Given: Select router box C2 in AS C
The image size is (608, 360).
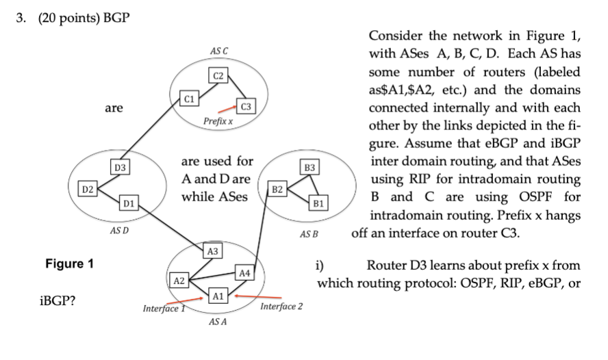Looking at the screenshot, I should [x=218, y=75].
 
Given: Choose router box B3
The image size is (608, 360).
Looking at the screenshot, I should [x=309, y=167].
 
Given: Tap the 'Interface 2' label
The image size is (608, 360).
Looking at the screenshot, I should [x=281, y=306].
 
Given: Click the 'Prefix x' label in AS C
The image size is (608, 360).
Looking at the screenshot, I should [x=218, y=121].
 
